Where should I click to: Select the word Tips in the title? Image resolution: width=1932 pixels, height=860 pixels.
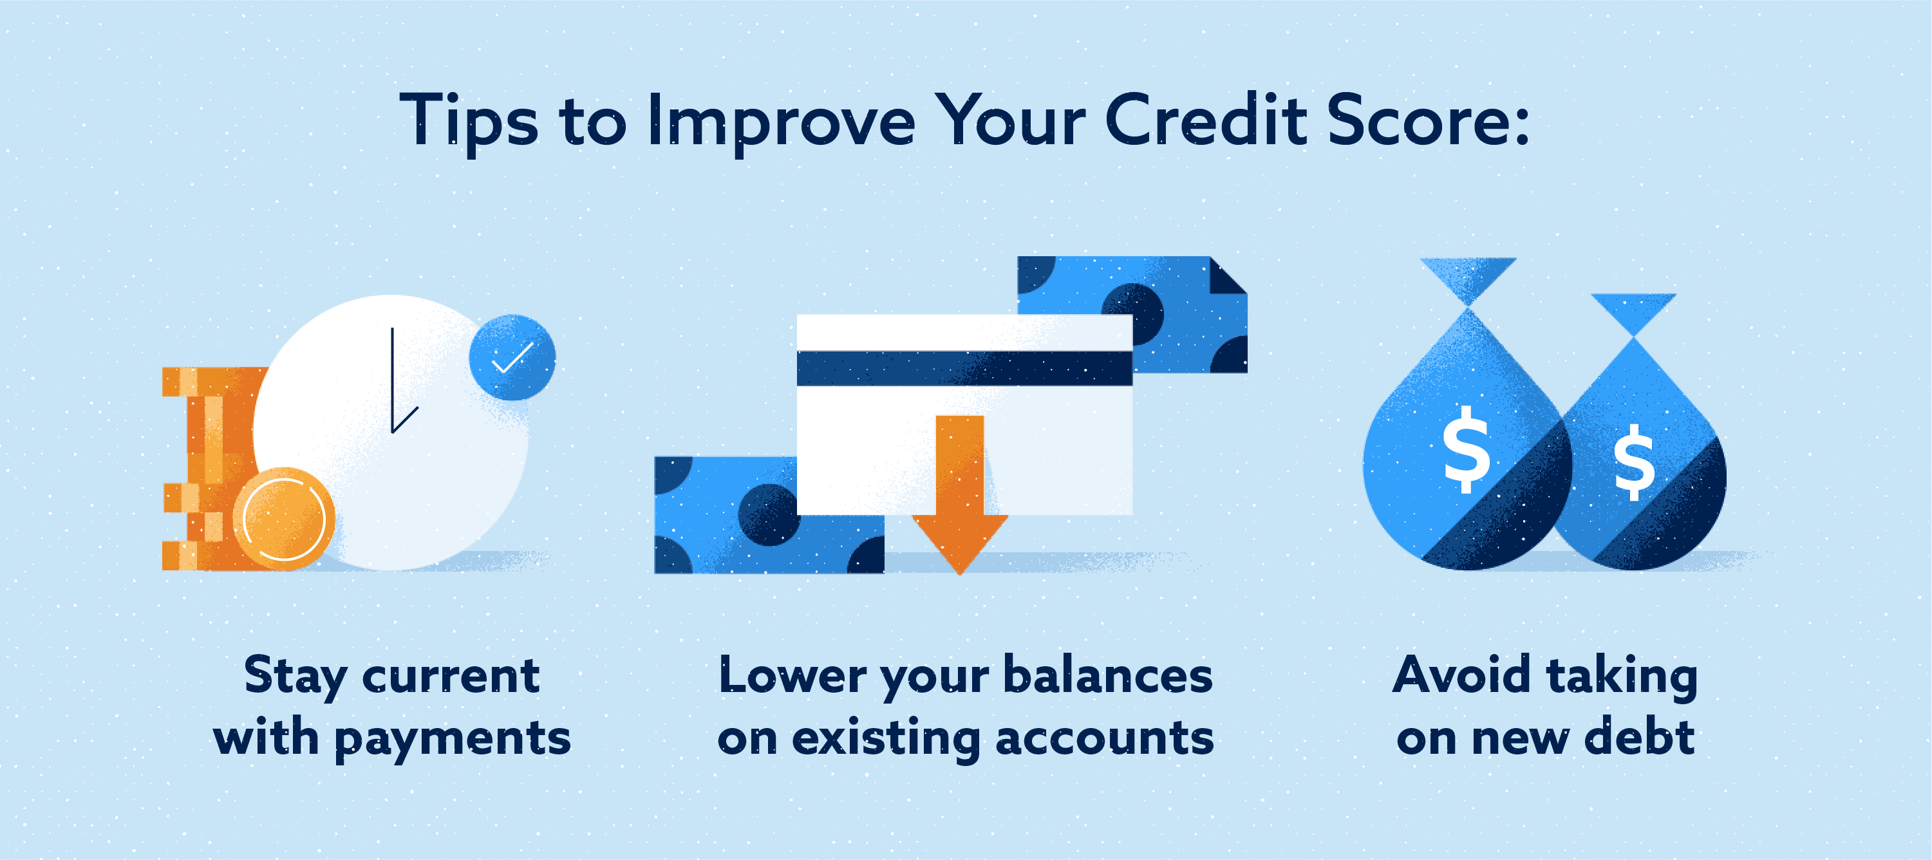[469, 123]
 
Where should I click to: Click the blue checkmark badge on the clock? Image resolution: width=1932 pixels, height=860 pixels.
[512, 357]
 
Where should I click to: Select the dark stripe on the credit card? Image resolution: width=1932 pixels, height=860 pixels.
[964, 368]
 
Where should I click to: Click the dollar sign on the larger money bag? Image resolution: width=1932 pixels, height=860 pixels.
[1467, 449]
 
